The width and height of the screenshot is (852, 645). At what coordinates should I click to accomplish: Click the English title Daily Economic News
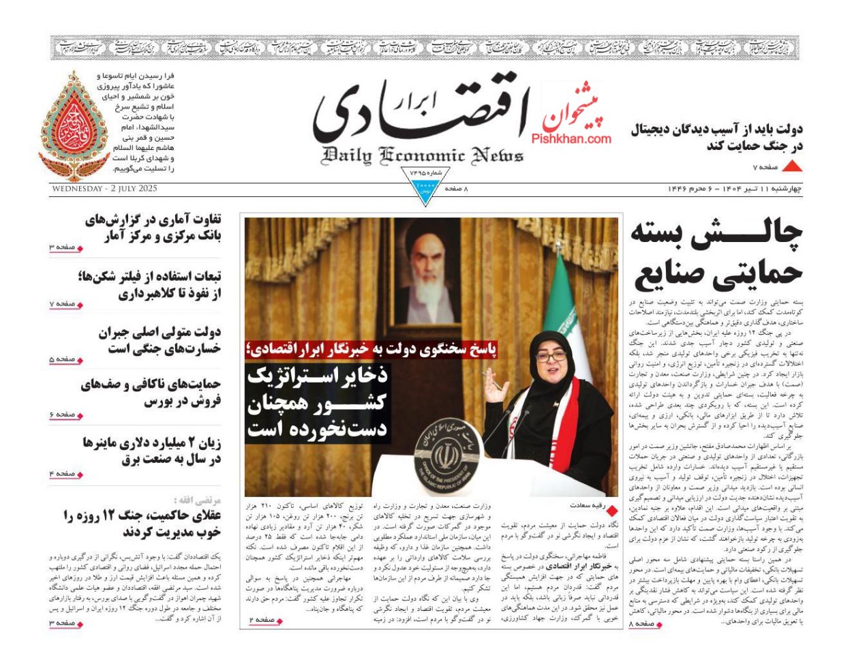(423, 155)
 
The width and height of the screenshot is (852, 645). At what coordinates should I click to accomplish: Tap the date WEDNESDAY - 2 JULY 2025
(104, 189)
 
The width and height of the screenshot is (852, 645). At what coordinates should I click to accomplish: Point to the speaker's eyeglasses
(550, 357)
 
